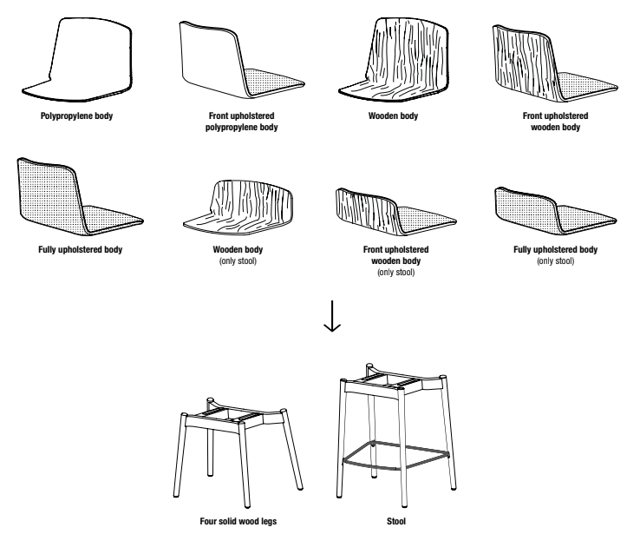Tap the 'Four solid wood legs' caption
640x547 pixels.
click(x=237, y=522)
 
